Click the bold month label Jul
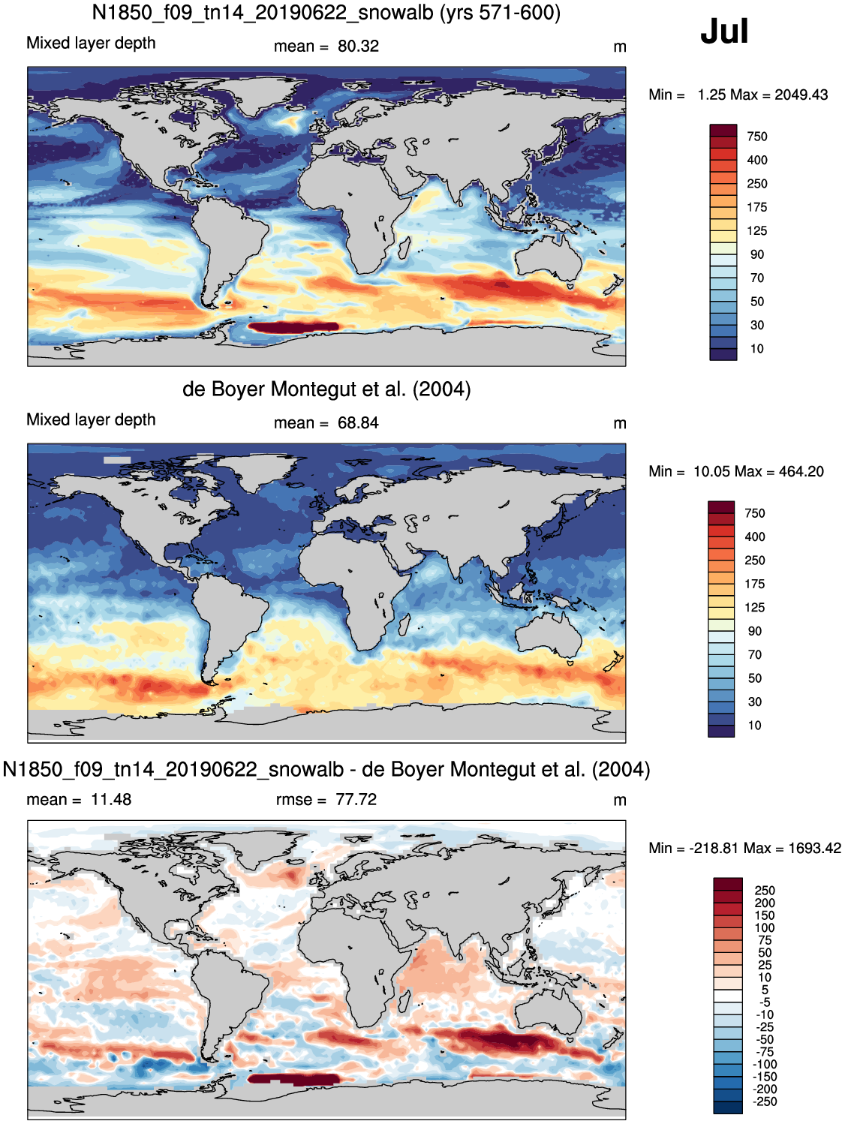[x=724, y=31]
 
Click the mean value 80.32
[x=358, y=46]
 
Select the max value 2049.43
[x=801, y=95]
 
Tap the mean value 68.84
[x=358, y=423]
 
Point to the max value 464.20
[x=801, y=471]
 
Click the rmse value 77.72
[x=356, y=799]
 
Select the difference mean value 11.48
[x=110, y=799]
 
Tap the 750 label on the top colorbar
[x=757, y=137]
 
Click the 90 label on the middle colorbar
[x=754, y=631]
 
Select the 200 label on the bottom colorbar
[x=765, y=903]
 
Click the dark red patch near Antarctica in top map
[x=293, y=327]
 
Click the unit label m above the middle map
[x=620, y=424]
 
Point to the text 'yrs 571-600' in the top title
[x=500, y=12]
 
